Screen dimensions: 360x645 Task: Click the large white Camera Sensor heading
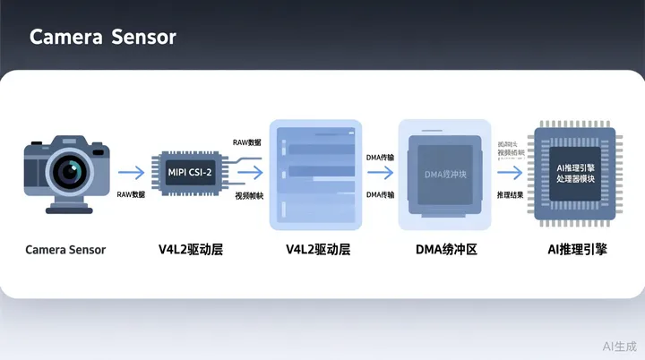click(x=102, y=37)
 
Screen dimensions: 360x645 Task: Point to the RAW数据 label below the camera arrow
click(x=131, y=194)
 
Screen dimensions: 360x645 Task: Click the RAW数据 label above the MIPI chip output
click(x=247, y=142)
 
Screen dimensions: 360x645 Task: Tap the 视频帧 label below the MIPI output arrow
click(x=249, y=195)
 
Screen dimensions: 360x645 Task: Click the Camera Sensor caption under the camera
click(x=65, y=250)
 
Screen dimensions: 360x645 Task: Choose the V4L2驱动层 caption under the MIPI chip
click(x=191, y=250)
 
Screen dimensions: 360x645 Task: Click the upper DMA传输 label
click(x=380, y=158)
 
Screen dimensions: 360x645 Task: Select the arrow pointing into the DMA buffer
click(x=380, y=175)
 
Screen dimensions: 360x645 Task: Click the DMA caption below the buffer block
click(x=446, y=250)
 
